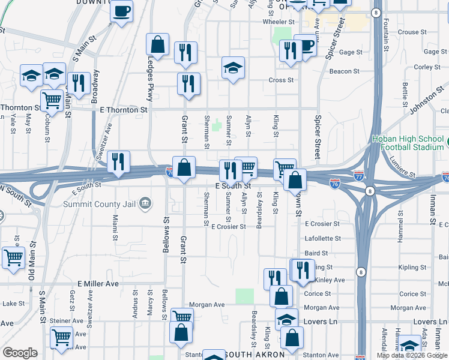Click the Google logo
click(20, 353)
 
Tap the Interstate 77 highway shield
click(358, 176)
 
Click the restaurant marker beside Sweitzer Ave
click(119, 161)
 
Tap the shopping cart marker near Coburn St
click(52, 100)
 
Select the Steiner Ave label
click(70, 321)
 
